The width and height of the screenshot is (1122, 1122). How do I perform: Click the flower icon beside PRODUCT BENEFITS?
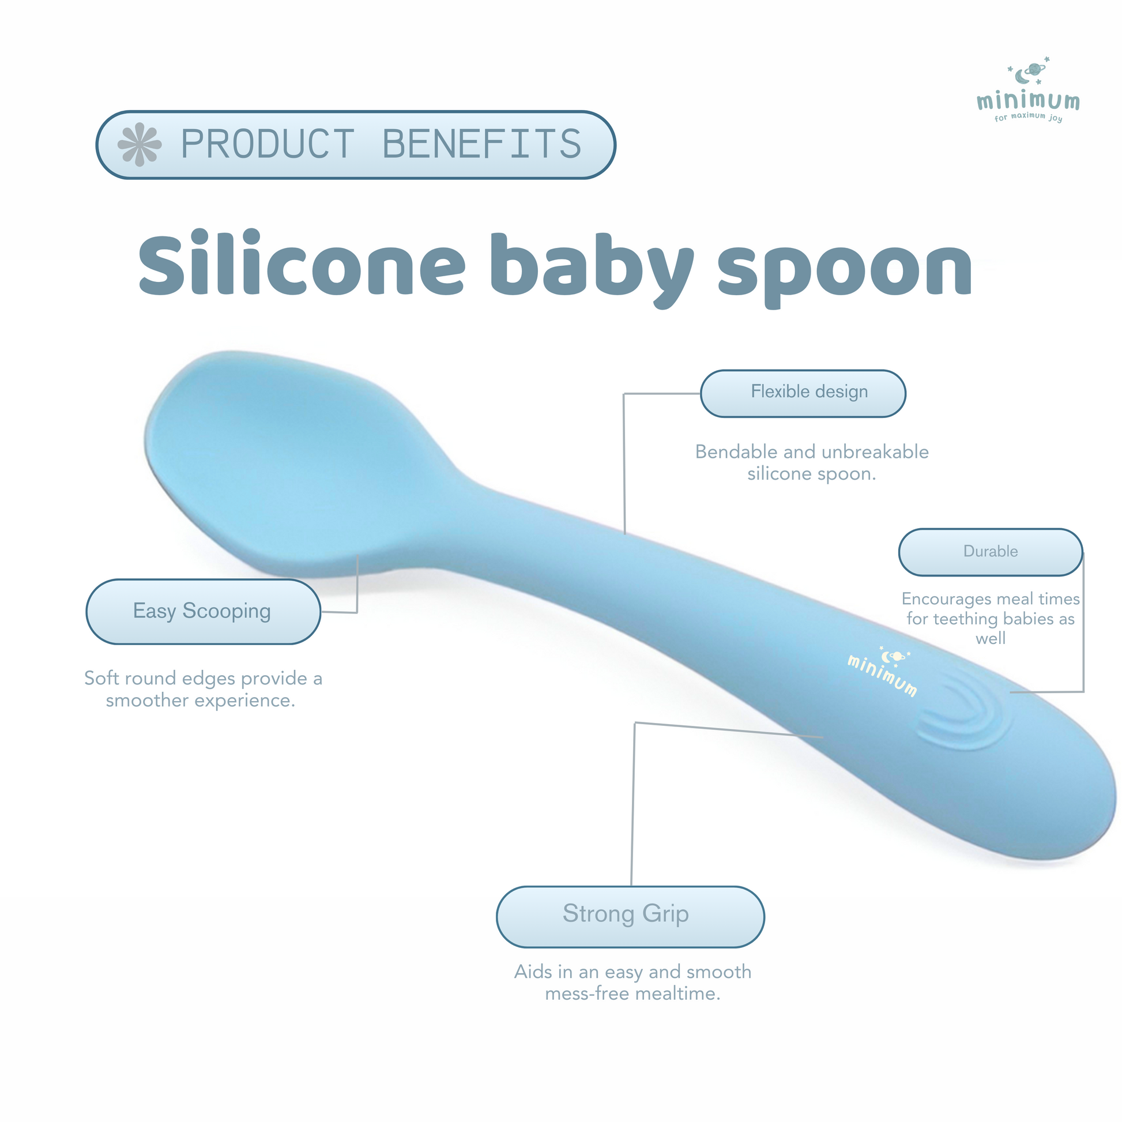140,144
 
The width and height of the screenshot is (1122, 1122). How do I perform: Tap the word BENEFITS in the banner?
481,144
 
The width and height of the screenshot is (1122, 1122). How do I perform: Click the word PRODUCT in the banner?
268,144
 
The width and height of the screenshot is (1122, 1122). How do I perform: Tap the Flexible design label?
803,393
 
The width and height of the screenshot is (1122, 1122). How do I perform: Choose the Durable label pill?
990,552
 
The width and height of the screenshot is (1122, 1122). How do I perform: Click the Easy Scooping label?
204,612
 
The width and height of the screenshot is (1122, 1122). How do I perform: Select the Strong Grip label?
630,916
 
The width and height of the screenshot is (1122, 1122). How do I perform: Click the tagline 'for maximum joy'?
1028,116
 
